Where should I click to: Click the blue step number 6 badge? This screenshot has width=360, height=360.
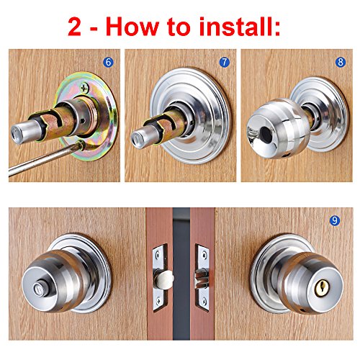pyautogui.click(x=108, y=62)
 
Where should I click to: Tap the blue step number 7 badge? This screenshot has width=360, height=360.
pyautogui.click(x=225, y=62)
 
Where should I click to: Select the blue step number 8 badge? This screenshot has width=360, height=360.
pyautogui.click(x=341, y=62)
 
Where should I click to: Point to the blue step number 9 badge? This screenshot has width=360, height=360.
pyautogui.click(x=335, y=220)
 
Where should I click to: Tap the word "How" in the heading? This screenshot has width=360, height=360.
pyautogui.click(x=132, y=27)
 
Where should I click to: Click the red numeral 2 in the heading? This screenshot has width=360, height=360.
pyautogui.click(x=74, y=27)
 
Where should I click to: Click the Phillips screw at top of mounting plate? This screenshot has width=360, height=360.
pyautogui.click(x=84, y=87)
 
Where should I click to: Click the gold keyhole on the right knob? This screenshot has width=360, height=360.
pyautogui.click(x=320, y=288)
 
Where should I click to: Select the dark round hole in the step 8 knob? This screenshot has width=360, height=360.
pyautogui.click(x=266, y=133)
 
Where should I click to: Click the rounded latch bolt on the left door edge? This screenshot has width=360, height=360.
pyautogui.click(x=165, y=279)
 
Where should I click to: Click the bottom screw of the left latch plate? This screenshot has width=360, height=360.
pyautogui.click(x=158, y=301)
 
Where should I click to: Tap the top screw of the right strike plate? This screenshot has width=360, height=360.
pyautogui.click(x=204, y=253)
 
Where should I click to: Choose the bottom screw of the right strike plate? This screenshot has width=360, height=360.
pyautogui.click(x=204, y=300)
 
